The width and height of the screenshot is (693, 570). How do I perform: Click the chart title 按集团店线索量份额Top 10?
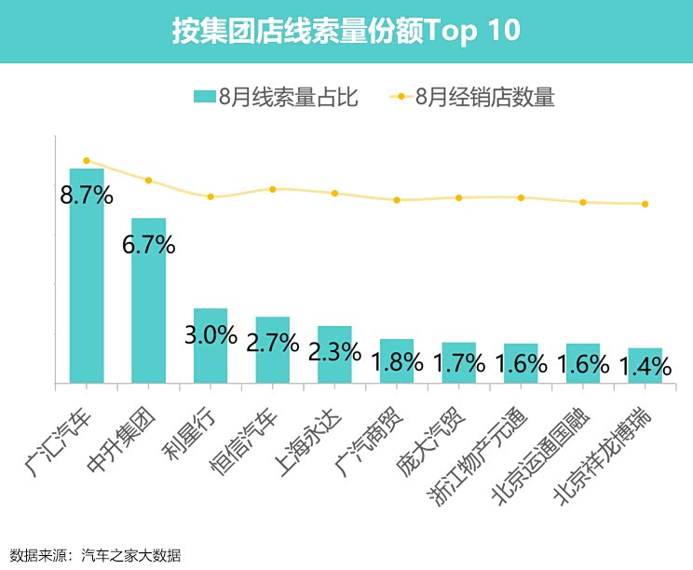tap(346, 31)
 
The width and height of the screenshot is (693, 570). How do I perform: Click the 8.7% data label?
tap(86, 196)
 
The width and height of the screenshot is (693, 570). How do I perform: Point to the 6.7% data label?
tap(149, 244)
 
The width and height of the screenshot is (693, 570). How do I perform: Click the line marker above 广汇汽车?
tap(87, 160)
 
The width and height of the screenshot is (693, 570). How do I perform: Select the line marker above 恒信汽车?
tap(273, 189)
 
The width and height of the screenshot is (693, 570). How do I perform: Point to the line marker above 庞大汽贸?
tap(459, 197)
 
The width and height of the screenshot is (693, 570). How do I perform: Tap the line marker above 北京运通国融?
tap(583, 202)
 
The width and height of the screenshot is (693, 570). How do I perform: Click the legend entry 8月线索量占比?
tap(275, 97)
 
